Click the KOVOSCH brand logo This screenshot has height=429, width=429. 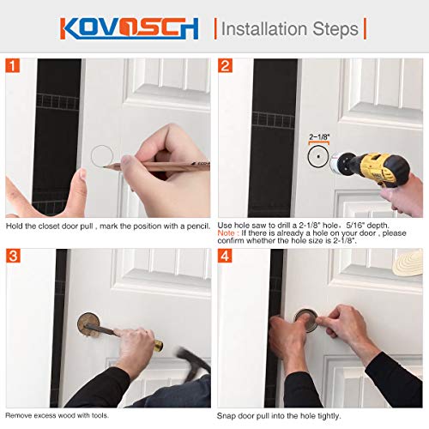[x=129, y=27]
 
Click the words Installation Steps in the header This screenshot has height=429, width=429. [x=290, y=28]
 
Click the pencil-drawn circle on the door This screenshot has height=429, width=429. [x=108, y=156]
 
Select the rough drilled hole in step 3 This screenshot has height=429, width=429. [x=89, y=325]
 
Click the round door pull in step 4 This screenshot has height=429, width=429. [x=307, y=323]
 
